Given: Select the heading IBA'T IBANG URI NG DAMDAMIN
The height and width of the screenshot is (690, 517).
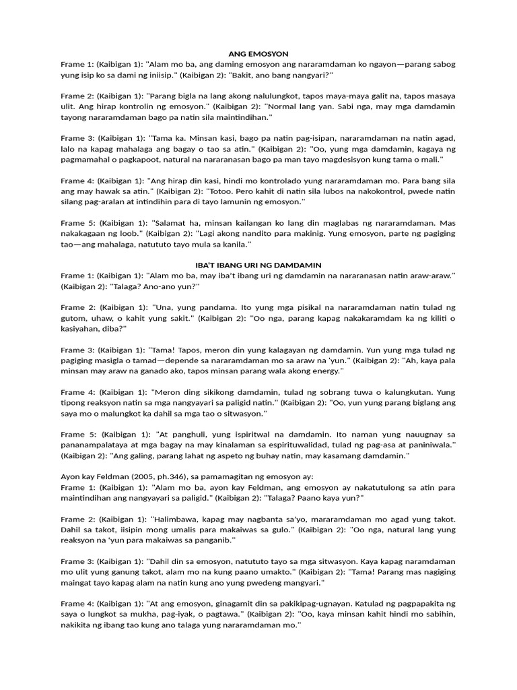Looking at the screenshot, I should coord(258,265).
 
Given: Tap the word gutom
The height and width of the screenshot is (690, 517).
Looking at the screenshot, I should coord(73,318).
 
